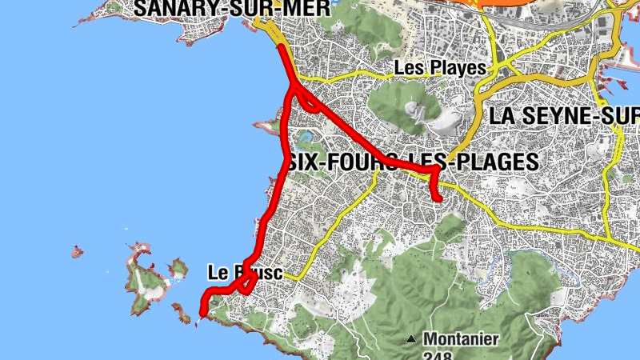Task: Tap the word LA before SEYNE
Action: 503,116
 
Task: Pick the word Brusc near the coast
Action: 258,273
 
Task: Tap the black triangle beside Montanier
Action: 411,339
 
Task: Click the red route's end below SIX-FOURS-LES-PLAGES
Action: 438,198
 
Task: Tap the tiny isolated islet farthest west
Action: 77,252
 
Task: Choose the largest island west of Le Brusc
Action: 144,280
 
